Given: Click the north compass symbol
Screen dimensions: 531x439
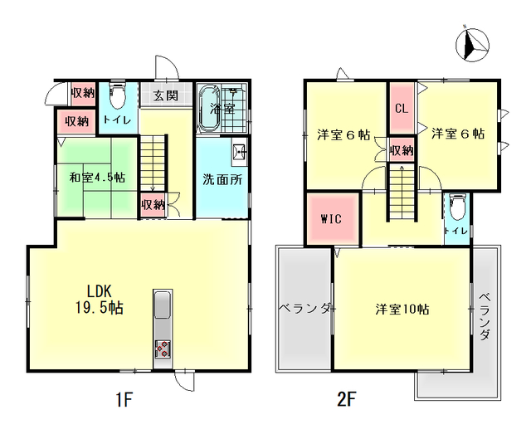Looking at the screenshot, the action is [x=472, y=45].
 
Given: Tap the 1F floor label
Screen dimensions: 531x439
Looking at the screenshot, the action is [x=124, y=399].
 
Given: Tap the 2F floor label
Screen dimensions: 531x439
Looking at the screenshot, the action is [x=347, y=399].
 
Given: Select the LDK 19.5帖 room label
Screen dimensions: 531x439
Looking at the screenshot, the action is [x=99, y=300].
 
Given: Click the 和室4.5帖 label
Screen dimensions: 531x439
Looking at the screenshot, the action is [x=97, y=177].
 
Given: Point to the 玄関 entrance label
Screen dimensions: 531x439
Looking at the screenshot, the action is [x=166, y=95].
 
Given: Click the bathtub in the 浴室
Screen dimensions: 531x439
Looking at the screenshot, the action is [x=210, y=109].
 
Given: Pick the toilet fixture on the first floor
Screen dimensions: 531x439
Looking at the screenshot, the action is [x=118, y=95].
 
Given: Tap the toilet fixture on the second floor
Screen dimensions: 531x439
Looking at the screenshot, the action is [x=457, y=207].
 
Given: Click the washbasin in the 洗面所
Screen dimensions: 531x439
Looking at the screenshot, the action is [x=240, y=154].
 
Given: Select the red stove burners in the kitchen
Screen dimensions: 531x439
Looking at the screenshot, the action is [x=163, y=349].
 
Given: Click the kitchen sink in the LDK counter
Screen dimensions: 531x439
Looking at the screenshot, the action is [x=163, y=305].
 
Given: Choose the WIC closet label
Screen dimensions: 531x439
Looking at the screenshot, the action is [x=331, y=219].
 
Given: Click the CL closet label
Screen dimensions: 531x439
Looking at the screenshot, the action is [x=402, y=109].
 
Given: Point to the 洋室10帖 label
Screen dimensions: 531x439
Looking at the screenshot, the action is [x=402, y=310].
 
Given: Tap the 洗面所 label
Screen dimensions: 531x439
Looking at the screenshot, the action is [x=222, y=180].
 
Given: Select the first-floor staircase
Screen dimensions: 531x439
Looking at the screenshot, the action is [x=153, y=163].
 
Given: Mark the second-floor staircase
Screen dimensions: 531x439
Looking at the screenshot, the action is [x=402, y=192].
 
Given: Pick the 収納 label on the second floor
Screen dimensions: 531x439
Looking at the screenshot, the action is [x=402, y=150].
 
